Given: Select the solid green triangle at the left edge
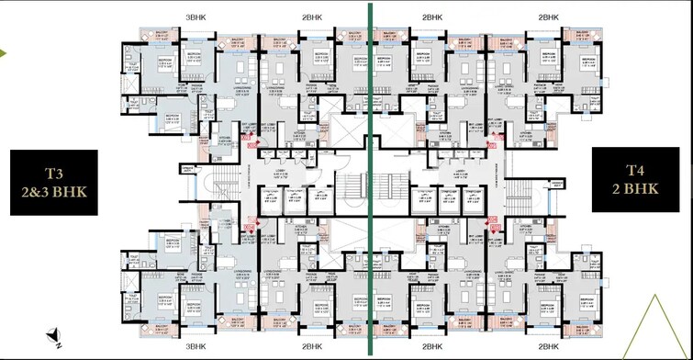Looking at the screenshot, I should [x=4, y=53].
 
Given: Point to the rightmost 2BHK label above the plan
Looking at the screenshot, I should [x=549, y=17].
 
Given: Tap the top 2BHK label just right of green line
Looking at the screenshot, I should [x=430, y=17].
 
